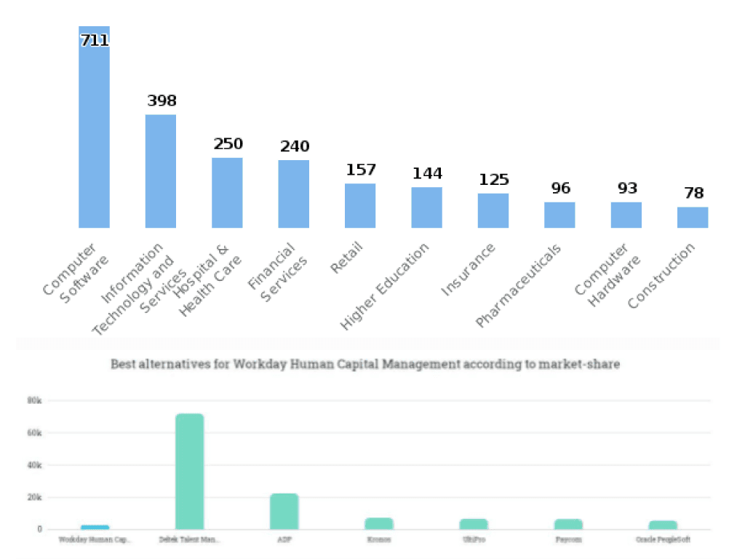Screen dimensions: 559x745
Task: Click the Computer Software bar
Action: (94, 131)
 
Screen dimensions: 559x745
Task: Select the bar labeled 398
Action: (161, 171)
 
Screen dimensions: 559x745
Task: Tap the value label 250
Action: (228, 144)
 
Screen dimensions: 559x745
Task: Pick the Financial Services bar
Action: (294, 194)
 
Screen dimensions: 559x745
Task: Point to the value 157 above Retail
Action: (361, 170)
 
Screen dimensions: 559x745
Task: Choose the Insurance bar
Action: (493, 210)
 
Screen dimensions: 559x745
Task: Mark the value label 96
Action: (560, 189)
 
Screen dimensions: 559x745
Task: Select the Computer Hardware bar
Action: (626, 215)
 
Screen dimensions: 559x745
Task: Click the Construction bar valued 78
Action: (693, 217)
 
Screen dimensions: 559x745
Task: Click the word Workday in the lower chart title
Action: (256, 364)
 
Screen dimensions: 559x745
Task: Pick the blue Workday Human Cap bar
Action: (95, 527)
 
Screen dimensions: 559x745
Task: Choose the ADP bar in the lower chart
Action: (284, 511)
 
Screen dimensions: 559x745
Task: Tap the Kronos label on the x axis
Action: (379, 540)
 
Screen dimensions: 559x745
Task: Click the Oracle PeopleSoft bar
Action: (663, 525)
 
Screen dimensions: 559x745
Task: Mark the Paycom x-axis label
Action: (568, 540)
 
